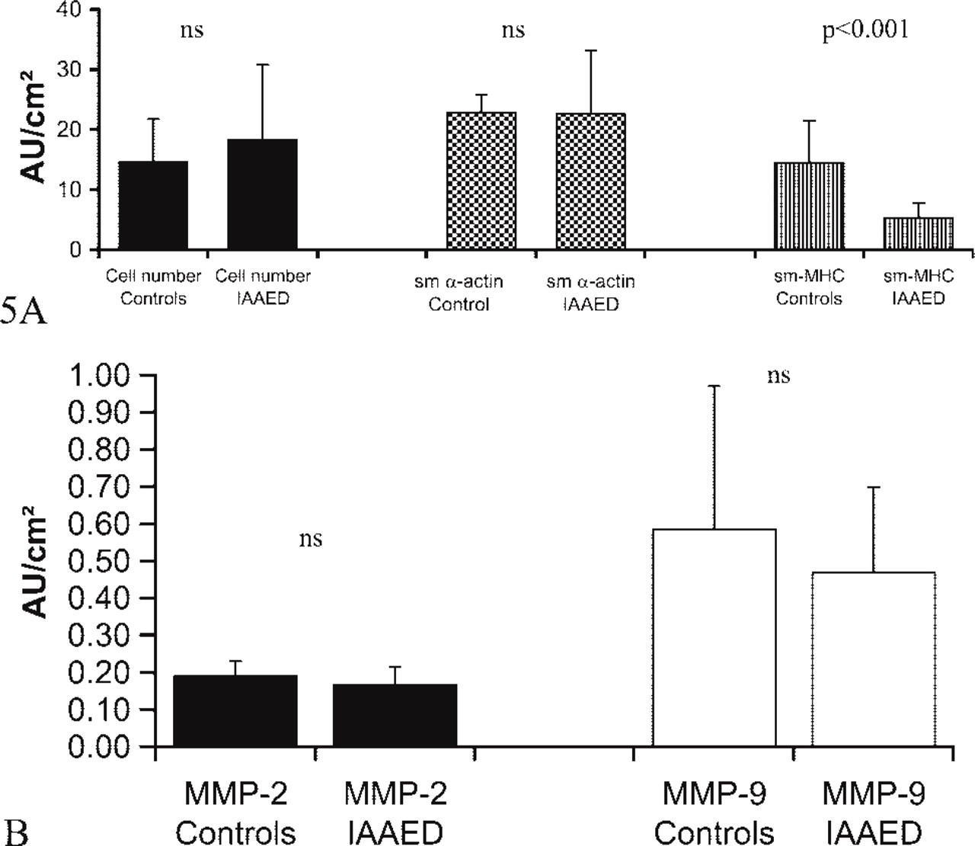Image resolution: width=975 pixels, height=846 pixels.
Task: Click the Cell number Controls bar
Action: (153, 205)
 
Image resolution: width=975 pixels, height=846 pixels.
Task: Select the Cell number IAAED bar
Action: (263, 194)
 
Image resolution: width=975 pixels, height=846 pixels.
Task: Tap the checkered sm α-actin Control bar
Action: (481, 181)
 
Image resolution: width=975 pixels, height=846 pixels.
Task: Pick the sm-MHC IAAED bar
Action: (919, 233)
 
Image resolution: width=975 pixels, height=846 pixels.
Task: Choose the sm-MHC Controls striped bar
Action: (810, 206)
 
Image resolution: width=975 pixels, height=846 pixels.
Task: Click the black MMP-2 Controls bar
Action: (235, 710)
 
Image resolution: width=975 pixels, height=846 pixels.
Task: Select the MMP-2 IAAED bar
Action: (395, 715)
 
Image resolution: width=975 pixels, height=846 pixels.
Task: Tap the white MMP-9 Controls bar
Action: (714, 638)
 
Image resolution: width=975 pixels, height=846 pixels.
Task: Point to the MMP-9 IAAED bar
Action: (874, 659)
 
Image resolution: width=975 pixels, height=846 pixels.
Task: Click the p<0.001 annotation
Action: (865, 31)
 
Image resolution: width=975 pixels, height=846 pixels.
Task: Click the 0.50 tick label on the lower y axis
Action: (98, 561)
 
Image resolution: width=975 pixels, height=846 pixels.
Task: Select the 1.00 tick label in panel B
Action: (98, 375)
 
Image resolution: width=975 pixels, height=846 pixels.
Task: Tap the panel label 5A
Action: (24, 312)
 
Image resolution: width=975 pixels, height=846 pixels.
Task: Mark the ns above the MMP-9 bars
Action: (778, 377)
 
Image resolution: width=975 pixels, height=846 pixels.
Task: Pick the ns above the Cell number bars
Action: (192, 31)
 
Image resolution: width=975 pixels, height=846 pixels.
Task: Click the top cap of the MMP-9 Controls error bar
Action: (714, 386)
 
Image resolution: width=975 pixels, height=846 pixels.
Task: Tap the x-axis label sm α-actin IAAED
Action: (590, 293)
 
